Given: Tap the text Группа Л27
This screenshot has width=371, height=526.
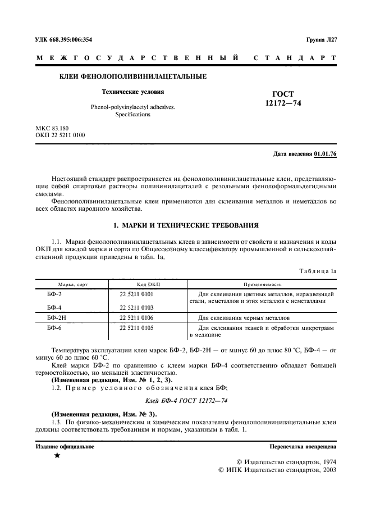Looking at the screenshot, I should coord(321,39).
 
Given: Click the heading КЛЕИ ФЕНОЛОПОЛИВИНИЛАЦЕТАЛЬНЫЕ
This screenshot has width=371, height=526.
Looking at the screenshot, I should coord(132,76).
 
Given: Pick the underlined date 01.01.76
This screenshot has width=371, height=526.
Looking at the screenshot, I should coord(325,153).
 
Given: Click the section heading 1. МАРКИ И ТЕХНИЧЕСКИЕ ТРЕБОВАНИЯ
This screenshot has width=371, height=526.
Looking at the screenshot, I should coord(186,225).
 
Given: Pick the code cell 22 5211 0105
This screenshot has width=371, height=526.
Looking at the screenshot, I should coord(136,327).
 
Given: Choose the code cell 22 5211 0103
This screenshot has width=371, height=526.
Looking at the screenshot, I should coord(136,307).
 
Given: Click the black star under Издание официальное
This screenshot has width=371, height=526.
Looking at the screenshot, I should coord(57,456).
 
